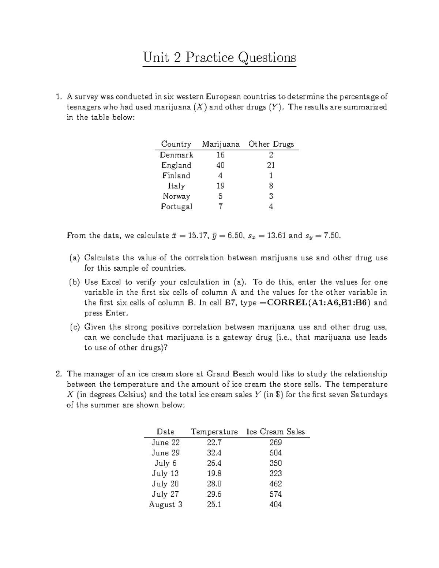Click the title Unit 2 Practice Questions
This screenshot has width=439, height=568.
[x=219, y=57]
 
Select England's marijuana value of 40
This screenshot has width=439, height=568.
[x=220, y=165]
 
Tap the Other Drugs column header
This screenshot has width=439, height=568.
[x=271, y=144]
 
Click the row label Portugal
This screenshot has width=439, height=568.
[x=176, y=207]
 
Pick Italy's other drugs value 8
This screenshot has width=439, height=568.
[x=271, y=186]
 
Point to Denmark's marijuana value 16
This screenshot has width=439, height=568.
[x=220, y=155]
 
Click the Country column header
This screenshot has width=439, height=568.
[x=176, y=144]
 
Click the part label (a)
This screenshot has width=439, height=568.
[x=75, y=258]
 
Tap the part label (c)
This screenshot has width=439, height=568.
[x=75, y=327]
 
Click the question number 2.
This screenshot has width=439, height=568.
[x=58, y=374]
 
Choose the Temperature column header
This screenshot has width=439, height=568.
[x=214, y=432]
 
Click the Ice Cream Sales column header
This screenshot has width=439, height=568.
[x=276, y=432]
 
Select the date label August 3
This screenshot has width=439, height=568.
[x=165, y=505]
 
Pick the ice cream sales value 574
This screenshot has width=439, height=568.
[x=275, y=494]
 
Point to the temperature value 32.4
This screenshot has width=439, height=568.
[x=214, y=453]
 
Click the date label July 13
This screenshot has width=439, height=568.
[x=165, y=474]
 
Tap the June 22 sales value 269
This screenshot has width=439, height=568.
[x=275, y=443]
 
